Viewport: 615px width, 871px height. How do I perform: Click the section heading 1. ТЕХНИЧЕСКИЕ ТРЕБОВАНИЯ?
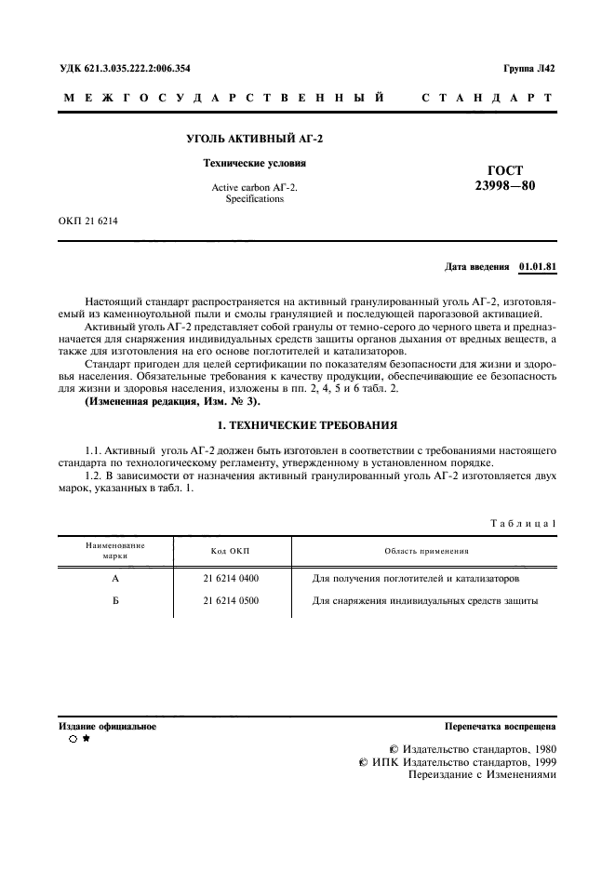[307, 424]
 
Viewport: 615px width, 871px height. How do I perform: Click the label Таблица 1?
[523, 524]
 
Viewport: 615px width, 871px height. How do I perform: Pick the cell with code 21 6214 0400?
[231, 578]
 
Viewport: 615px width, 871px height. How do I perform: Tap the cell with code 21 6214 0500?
[231, 600]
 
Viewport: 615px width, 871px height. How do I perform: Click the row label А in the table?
[114, 578]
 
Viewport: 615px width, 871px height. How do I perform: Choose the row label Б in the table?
[114, 600]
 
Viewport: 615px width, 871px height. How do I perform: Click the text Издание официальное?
[108, 726]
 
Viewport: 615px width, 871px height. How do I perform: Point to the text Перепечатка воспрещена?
[501, 726]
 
